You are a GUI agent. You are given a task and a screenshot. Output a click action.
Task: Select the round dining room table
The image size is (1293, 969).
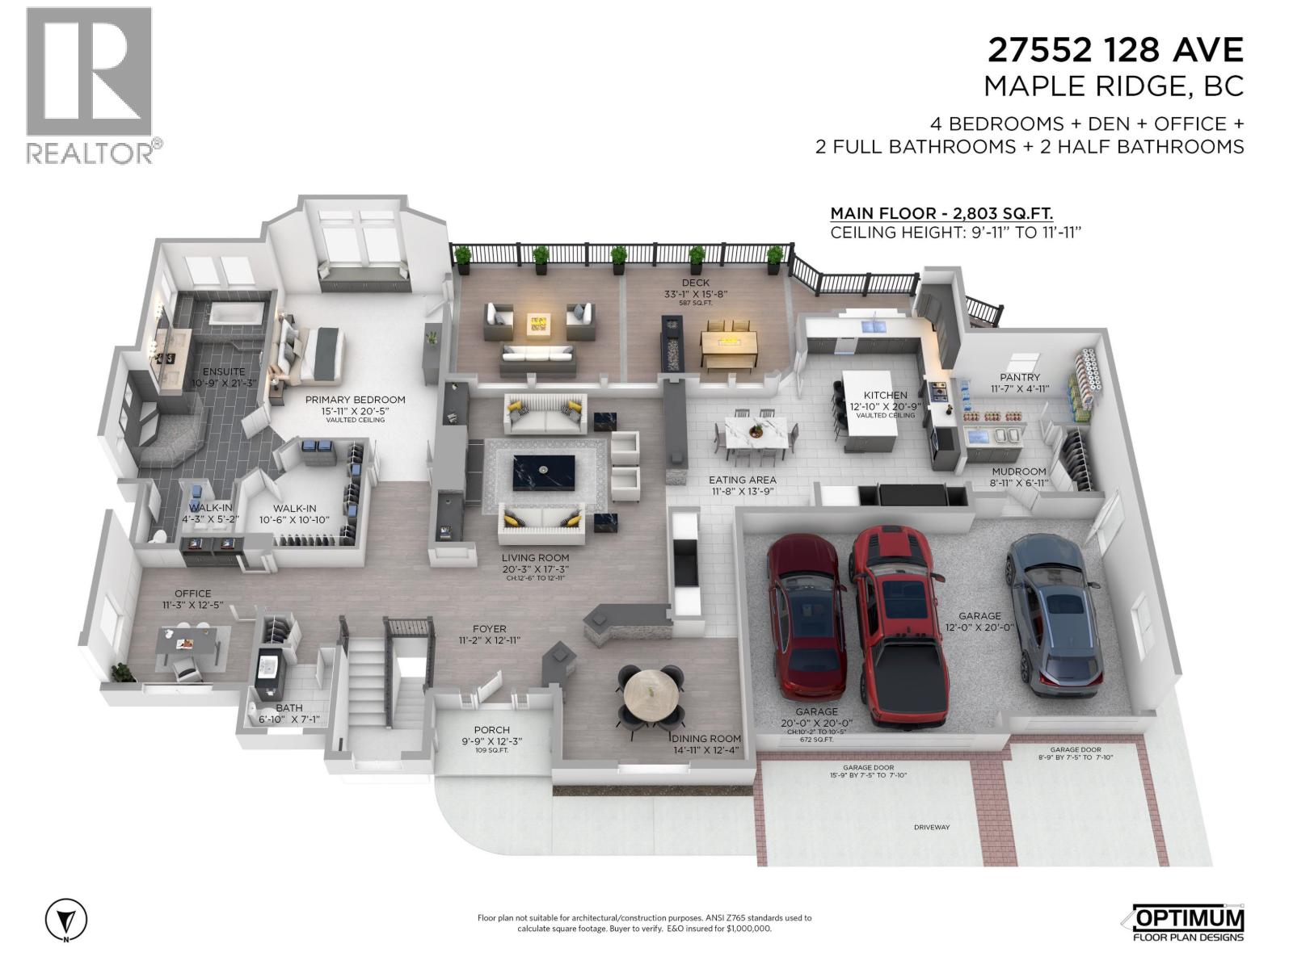(x=651, y=694)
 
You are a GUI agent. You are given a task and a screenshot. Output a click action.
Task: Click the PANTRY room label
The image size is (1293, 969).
(x=1020, y=377)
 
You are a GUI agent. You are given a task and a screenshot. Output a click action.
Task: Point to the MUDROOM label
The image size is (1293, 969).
(x=1019, y=472)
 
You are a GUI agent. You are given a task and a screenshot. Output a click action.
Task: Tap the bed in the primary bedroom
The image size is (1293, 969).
(x=315, y=355)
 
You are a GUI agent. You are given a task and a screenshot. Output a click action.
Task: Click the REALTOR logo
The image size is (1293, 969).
(x=89, y=85)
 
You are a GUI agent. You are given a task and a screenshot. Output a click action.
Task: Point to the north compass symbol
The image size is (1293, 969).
(x=66, y=920)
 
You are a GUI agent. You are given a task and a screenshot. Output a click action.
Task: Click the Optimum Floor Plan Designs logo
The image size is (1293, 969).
(x=1184, y=923)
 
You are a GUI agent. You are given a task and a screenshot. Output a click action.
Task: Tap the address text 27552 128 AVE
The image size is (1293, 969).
(x=1115, y=50)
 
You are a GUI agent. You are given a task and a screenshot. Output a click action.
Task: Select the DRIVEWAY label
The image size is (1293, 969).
(x=932, y=828)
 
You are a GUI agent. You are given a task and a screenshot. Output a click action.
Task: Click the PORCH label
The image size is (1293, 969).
(x=491, y=730)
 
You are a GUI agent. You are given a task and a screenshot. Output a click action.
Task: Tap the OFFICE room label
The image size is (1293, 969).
(x=192, y=594)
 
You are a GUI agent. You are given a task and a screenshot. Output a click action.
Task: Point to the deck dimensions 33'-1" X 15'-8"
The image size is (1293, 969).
(x=695, y=294)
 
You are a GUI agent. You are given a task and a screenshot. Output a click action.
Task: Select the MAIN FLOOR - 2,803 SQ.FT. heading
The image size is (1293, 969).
(x=941, y=214)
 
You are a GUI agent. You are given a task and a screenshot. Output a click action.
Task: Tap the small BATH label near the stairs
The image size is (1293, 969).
(x=289, y=708)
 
